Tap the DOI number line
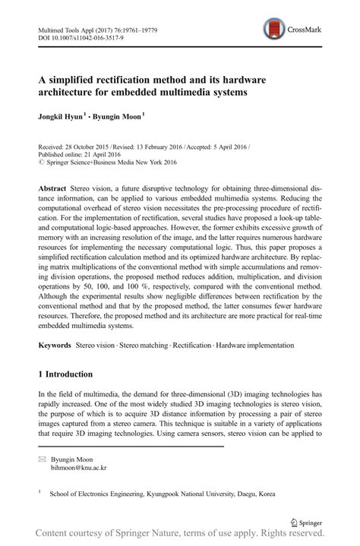click(73, 33)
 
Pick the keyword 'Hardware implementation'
click(254, 345)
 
